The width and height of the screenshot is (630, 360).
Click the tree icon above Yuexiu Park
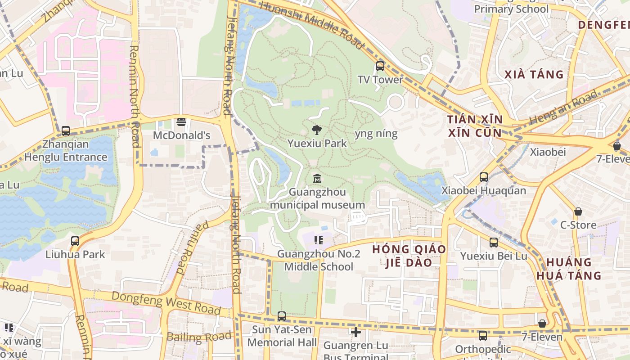(x=317, y=130)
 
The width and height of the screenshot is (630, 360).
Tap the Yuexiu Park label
(x=317, y=144)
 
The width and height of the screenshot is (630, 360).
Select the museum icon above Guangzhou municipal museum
(x=317, y=179)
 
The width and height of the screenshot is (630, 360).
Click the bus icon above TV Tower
(x=380, y=67)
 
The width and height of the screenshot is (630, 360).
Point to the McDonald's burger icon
(x=181, y=121)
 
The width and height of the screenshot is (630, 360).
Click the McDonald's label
(x=182, y=135)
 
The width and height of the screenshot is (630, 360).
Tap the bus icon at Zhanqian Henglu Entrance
(x=66, y=131)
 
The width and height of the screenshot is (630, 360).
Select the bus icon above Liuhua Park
(x=75, y=241)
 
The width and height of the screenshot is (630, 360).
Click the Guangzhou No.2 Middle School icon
(x=319, y=240)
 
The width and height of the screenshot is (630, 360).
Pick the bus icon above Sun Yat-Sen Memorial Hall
(x=282, y=316)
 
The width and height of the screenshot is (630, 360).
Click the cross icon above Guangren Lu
(x=356, y=333)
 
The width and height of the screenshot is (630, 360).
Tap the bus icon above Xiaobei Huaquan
(x=484, y=177)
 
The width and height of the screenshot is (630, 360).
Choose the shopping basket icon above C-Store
(x=578, y=211)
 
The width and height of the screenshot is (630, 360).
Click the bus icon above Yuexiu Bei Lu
(x=494, y=243)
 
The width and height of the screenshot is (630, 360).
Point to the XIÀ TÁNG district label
(x=534, y=74)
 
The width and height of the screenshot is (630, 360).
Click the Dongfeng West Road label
(x=166, y=302)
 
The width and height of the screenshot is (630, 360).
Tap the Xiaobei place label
(x=548, y=152)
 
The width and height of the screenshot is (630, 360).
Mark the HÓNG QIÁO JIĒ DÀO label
(x=409, y=256)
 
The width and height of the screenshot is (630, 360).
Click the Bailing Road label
(x=199, y=336)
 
